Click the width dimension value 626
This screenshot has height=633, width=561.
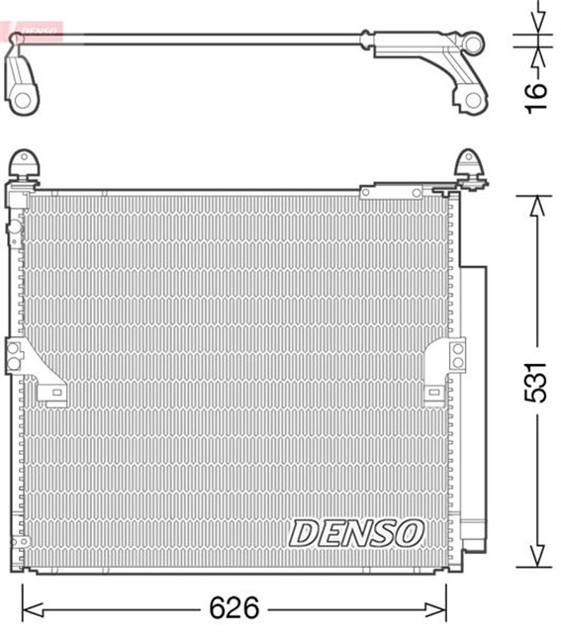point(234,604)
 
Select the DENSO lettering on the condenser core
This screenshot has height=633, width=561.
point(356,533)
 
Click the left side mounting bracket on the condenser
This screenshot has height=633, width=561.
point(16,356)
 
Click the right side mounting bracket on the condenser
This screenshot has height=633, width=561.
point(454,354)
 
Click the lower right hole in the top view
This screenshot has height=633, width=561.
point(472,99)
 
